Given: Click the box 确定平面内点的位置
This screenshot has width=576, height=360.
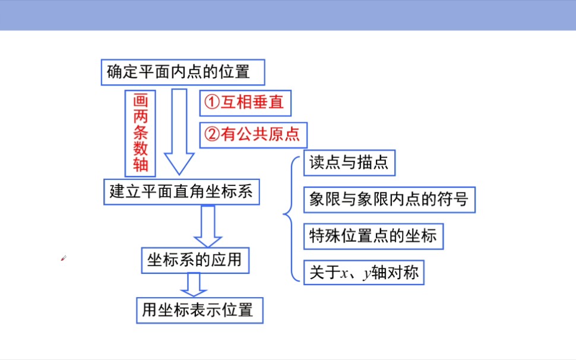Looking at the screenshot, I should pos(182,72).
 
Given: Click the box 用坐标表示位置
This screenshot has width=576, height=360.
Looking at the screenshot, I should pos(200,310).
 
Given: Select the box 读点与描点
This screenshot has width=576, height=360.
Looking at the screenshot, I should pos(349,163).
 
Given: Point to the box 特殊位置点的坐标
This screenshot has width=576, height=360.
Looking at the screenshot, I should pos(373,236).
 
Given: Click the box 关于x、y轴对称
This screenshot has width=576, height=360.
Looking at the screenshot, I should pos(363,273).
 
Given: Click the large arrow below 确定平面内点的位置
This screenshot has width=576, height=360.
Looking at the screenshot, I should pos(179,131).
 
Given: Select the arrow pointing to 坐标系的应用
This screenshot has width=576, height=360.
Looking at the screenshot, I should pos(207,225).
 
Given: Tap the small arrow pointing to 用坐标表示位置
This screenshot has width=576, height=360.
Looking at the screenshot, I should pos(194,284).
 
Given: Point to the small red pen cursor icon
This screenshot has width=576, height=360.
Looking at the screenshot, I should pos(63,258).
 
